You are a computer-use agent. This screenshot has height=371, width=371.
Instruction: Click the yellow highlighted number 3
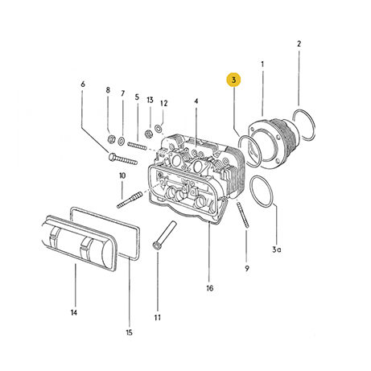[233, 80]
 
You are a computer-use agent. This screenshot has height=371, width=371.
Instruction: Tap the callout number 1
[262, 64]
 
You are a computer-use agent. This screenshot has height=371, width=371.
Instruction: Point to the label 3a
[276, 250]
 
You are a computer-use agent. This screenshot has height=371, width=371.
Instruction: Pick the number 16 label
[209, 288]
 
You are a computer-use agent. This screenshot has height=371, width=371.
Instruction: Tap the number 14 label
[75, 312]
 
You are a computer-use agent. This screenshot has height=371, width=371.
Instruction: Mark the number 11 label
[158, 317]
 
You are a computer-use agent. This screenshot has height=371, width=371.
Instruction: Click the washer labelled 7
[122, 142]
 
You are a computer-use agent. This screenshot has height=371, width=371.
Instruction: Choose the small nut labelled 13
[149, 132]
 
